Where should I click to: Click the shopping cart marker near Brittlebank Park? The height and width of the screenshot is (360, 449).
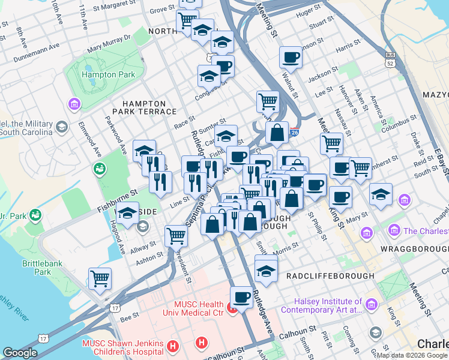point(100,278)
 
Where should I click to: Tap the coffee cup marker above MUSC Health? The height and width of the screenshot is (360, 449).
point(241,296)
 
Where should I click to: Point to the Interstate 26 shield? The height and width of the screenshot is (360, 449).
point(294,133)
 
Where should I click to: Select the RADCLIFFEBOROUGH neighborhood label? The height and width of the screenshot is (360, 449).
point(330,275)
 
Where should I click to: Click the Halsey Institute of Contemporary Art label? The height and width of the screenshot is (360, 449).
point(328,306)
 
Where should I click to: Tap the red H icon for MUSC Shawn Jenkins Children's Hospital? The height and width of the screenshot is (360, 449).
point(173,346)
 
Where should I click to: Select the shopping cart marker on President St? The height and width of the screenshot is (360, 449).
point(175,235)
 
